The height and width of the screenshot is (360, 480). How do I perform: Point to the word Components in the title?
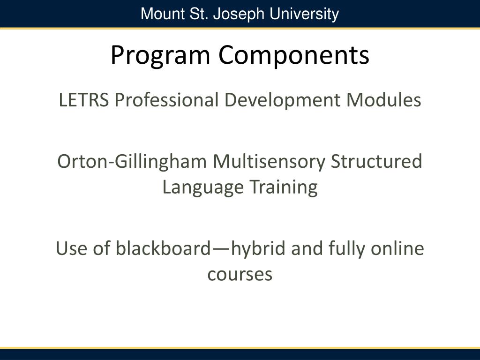[x=293, y=55]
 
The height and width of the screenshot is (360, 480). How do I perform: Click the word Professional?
[x=166, y=100]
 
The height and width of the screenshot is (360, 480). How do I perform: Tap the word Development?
[x=283, y=100]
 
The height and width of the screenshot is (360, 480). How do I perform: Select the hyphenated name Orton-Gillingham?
[x=132, y=162]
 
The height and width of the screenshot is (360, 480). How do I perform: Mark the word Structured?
[x=376, y=162]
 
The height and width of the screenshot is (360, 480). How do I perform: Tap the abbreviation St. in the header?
[x=196, y=14]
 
